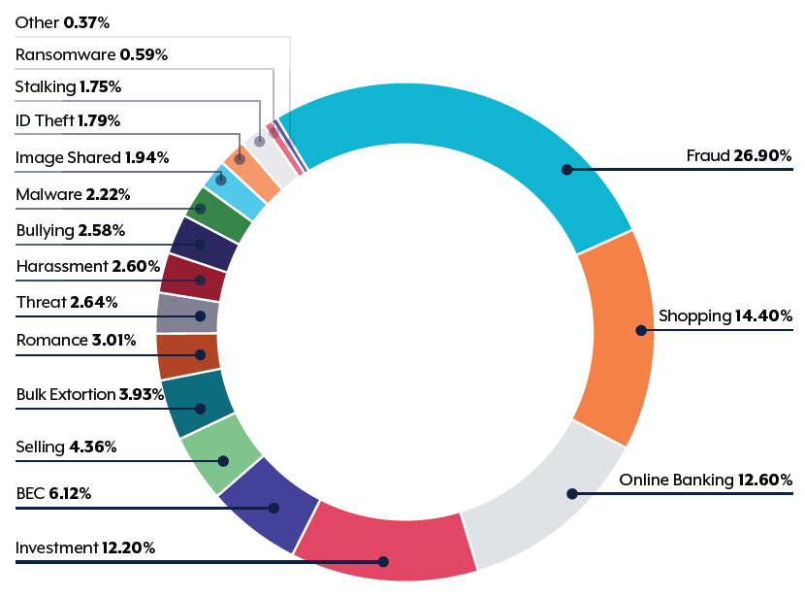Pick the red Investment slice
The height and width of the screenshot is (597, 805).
[x=388, y=544]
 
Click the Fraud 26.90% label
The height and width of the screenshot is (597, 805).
[x=739, y=155]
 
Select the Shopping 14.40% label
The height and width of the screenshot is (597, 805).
[x=725, y=315]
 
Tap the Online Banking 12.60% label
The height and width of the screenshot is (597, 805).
[x=705, y=480]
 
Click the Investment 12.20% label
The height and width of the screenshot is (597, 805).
[x=85, y=548]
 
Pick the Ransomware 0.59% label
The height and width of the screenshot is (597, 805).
[x=91, y=55]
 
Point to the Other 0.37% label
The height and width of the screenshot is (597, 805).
[x=62, y=21]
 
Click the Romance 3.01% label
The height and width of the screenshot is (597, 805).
[x=76, y=341]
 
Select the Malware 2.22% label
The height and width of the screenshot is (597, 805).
[x=73, y=195]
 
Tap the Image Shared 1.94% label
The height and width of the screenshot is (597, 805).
[x=92, y=157]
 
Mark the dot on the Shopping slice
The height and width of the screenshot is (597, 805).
[x=640, y=330]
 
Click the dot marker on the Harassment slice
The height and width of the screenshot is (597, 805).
[x=200, y=281]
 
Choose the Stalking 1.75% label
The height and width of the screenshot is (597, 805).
[x=68, y=87]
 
